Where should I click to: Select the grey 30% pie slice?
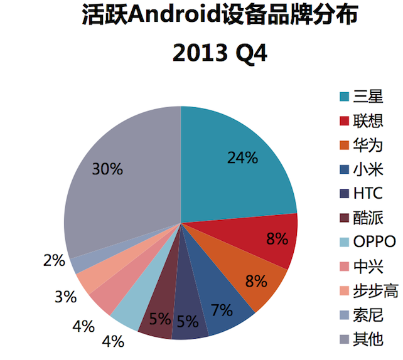coord(119,188)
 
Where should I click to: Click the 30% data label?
coord(107,169)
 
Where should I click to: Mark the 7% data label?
coord(222,310)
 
